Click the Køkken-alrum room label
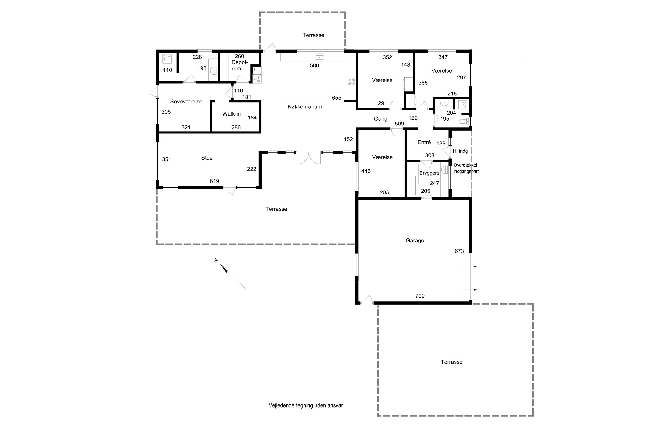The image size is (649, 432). [305, 107]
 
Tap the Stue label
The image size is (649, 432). [207, 158]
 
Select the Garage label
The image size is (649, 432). [415, 241]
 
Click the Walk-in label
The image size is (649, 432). [231, 114]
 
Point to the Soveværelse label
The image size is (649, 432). [186, 101]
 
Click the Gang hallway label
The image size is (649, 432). [381, 119]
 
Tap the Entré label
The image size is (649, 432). [424, 142]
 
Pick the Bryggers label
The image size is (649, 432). [429, 173]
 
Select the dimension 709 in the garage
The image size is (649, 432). [420, 296]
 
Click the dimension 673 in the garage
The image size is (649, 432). [459, 251]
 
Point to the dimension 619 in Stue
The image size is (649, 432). [214, 181]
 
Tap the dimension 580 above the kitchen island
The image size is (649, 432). [314, 65]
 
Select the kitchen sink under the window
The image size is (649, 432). [319, 57]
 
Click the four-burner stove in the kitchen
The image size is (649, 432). [352, 82]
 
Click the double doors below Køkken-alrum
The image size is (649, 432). [309, 158]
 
